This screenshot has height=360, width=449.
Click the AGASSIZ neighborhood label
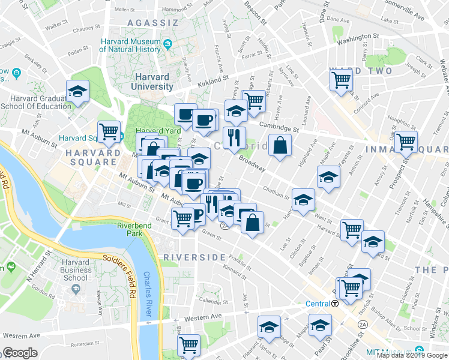153,23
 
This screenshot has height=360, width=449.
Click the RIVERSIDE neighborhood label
188,257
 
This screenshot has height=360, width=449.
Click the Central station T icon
336,303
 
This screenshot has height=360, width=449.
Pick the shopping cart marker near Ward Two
341,79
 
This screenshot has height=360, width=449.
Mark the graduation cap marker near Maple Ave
328,177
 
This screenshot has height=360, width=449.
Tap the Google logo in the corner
20,353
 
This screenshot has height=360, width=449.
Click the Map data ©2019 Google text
412,355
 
